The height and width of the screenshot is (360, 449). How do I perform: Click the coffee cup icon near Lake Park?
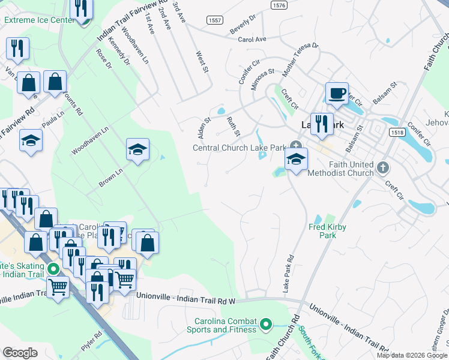click(337, 94)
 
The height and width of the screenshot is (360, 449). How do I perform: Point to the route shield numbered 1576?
click(279, 5)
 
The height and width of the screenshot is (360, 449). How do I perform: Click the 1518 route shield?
click(396, 132)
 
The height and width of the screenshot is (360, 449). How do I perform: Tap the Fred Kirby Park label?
click(328, 231)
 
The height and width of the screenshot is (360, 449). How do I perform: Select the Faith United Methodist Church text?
click(340, 169)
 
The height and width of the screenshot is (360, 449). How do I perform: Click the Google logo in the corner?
click(20, 352)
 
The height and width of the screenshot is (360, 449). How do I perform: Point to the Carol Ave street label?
click(252, 39)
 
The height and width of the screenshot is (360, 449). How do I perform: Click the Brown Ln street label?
click(111, 177)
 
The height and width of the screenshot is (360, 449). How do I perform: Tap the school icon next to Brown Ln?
click(137, 149)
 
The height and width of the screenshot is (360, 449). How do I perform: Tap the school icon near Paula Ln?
click(31, 141)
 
